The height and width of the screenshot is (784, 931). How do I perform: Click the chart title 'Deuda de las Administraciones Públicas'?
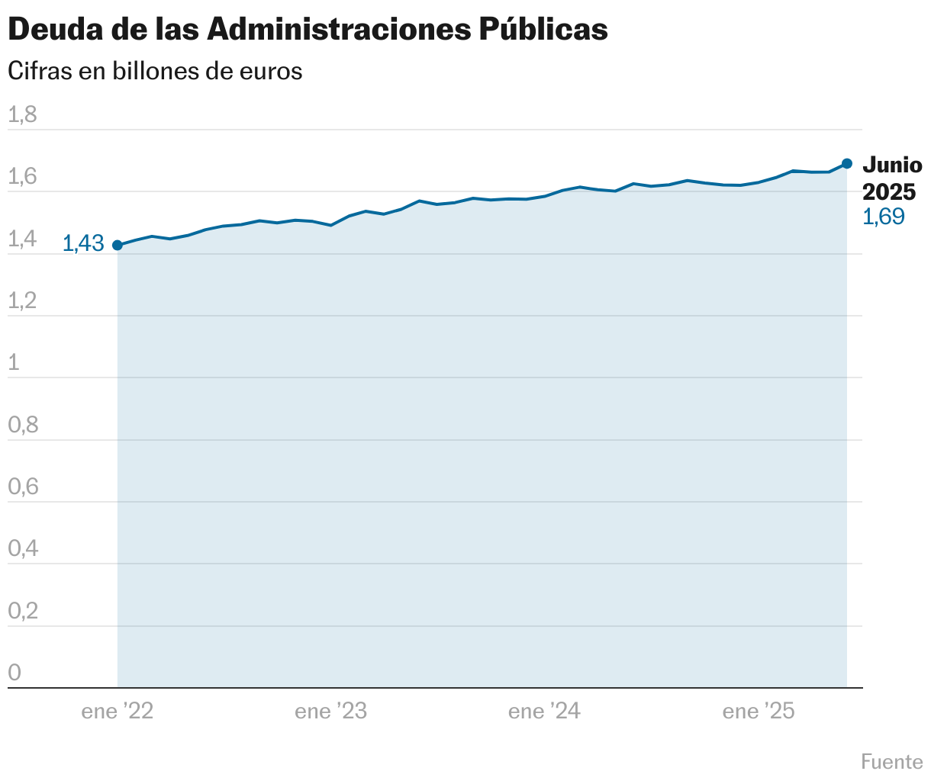(308, 30)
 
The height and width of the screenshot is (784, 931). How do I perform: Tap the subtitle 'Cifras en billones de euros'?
(155, 72)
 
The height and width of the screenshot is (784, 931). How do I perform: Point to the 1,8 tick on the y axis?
(22, 115)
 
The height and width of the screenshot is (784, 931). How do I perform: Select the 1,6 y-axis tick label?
(22, 177)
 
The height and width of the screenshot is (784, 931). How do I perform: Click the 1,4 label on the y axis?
(22, 239)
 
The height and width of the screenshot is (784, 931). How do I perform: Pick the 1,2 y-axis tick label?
(22, 301)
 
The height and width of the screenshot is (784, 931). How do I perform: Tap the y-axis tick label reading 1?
(13, 363)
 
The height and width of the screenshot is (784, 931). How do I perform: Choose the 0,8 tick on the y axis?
(23, 426)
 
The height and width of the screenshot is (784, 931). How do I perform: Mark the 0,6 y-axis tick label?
(23, 487)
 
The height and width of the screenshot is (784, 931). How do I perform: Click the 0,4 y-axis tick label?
(23, 549)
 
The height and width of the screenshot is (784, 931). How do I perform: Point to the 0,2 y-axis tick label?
(23, 612)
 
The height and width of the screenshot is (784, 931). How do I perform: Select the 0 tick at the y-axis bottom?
(14, 673)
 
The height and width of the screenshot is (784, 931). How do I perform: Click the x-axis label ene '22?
(118, 712)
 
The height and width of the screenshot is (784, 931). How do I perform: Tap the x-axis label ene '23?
(331, 712)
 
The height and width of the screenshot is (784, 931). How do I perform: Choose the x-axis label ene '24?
(545, 712)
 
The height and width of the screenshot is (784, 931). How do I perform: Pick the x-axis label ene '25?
(759, 712)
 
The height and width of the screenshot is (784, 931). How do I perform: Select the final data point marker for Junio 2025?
(847, 164)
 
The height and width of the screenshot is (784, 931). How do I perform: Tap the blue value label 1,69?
(883, 217)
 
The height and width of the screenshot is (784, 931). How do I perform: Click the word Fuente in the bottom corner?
(892, 762)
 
